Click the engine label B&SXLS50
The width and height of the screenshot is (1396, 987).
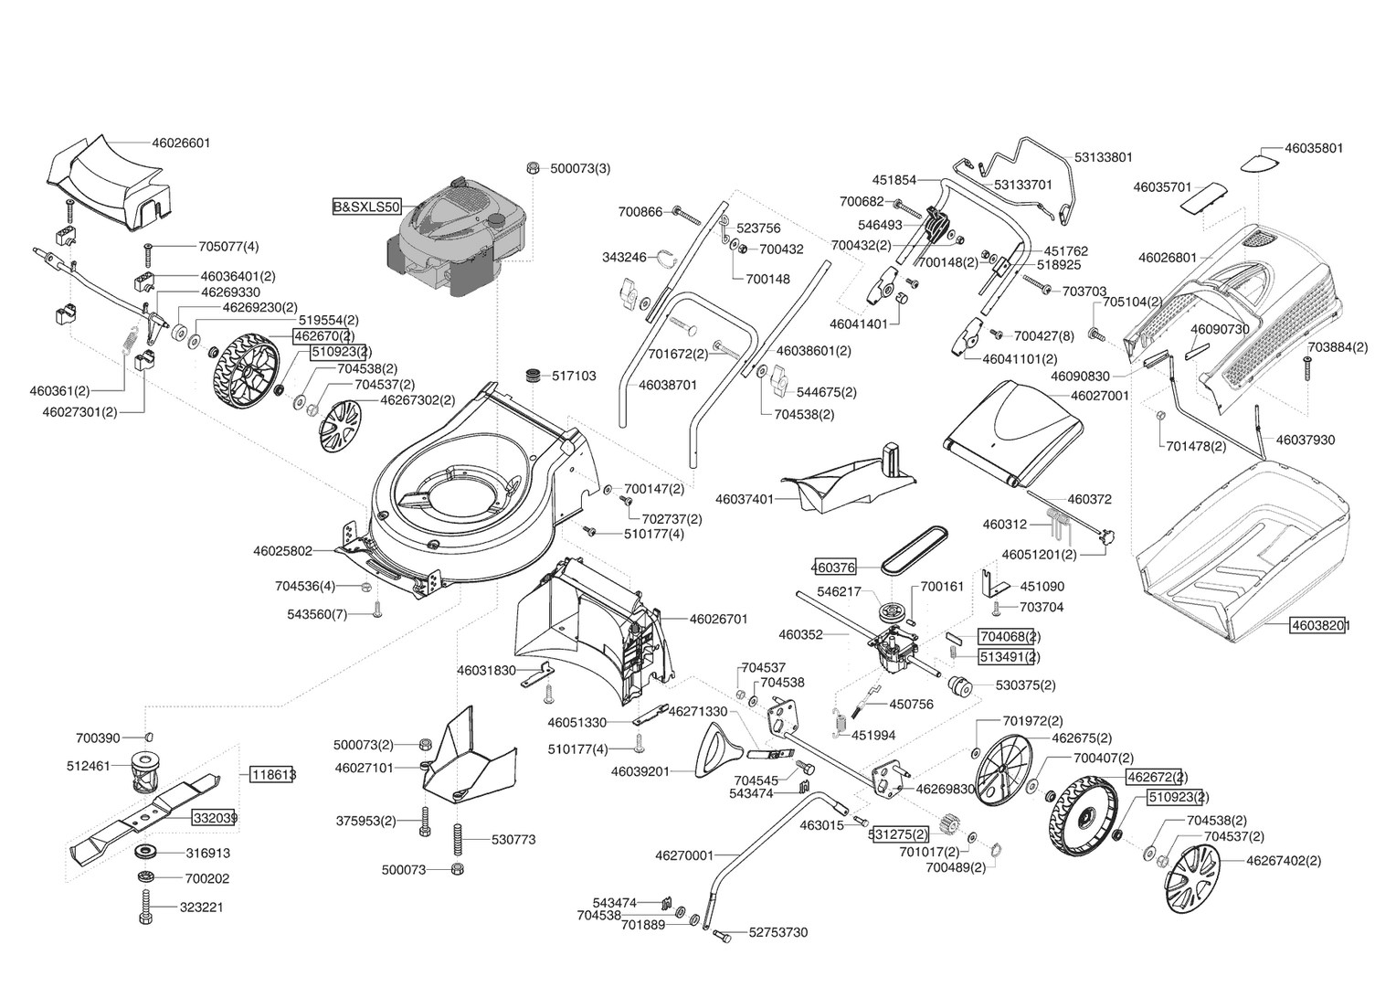pos(366,207)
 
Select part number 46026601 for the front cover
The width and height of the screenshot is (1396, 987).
pos(182,143)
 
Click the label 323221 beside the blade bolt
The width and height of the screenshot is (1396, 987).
pos(201,907)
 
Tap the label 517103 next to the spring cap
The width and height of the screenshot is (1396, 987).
pos(574,376)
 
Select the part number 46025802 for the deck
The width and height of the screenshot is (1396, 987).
pos(283,551)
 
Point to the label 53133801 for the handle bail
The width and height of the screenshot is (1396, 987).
pos(1104,157)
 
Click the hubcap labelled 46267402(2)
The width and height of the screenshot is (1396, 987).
pos(1191,880)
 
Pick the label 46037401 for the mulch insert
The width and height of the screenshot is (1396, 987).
pos(745,499)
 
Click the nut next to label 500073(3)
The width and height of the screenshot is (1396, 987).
pos(534,167)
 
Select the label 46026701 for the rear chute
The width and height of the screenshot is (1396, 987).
pos(719,619)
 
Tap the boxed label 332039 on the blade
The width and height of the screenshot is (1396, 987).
pos(215,818)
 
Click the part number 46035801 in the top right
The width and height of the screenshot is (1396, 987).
pos(1315,148)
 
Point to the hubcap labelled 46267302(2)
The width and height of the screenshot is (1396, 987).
pos(341,427)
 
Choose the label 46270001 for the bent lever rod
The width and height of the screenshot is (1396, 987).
pos(684,855)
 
